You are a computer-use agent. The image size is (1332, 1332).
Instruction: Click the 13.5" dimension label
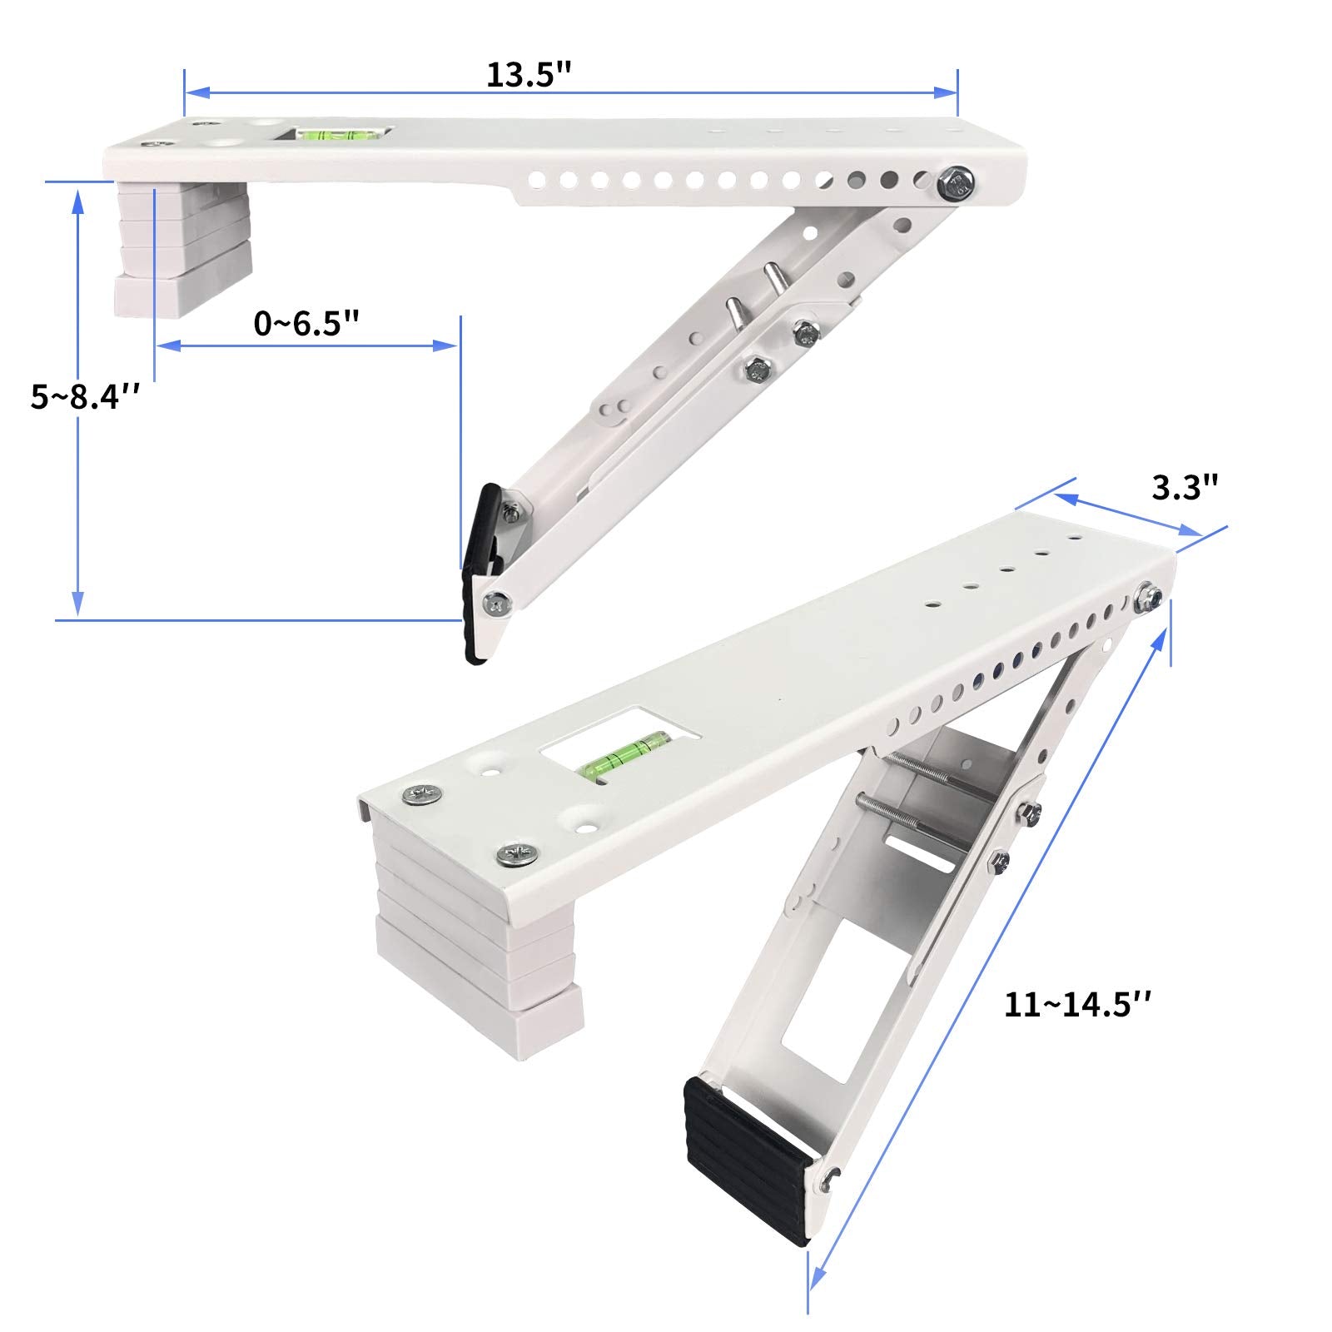(x=529, y=74)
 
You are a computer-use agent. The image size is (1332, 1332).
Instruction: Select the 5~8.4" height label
(x=83, y=396)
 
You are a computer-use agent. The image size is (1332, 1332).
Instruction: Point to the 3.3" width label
(x=1185, y=488)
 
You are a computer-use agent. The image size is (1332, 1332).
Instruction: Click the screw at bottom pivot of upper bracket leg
(x=497, y=604)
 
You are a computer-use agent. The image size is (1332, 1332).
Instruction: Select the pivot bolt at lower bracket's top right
(x=1150, y=599)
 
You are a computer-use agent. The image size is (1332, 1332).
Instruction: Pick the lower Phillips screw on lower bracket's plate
(x=515, y=852)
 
